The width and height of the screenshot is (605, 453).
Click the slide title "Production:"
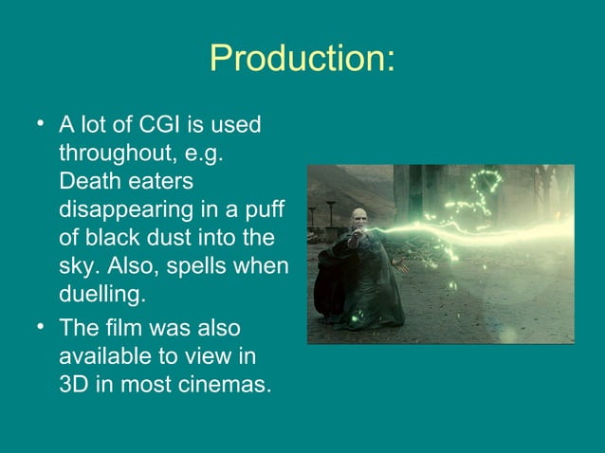tap(302, 59)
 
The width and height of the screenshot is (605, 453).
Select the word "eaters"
tap(161, 180)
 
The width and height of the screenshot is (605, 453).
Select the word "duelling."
tap(102, 291)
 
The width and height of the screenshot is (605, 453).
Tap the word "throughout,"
tap(112, 153)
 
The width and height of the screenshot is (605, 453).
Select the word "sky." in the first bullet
tap(79, 263)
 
